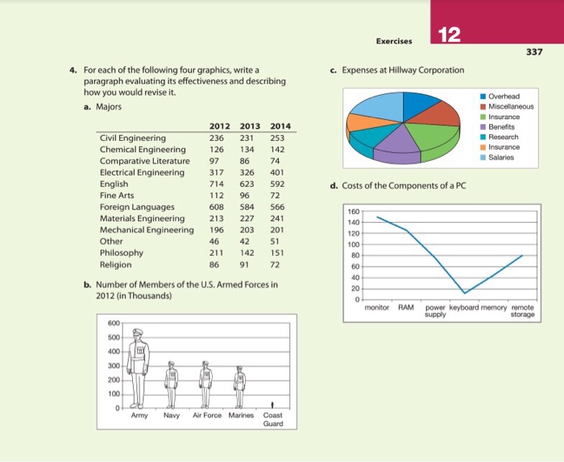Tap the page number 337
tap(535, 53)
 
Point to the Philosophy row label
tap(122, 253)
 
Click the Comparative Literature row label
tap(145, 160)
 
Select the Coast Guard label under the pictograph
tap(273, 420)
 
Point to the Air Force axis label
tap(206, 415)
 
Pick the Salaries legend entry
tap(503, 158)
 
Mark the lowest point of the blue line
tap(463, 292)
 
